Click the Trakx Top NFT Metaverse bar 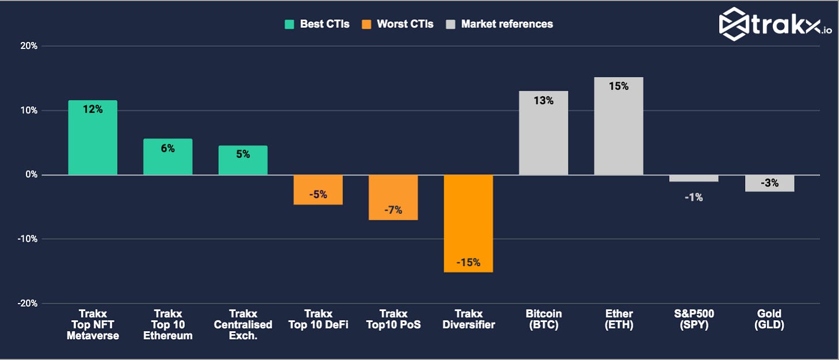click(x=93, y=138)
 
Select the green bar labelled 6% click(x=168, y=157)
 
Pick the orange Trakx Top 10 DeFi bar click(x=318, y=190)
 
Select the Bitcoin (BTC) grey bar click(x=543, y=133)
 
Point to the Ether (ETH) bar click(x=618, y=126)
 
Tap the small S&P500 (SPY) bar click(x=694, y=179)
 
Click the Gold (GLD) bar click(x=769, y=183)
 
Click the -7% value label click(x=393, y=210)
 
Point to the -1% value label click(x=694, y=197)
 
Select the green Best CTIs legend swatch click(x=289, y=24)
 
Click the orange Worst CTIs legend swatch click(x=366, y=24)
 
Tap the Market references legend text click(x=507, y=24)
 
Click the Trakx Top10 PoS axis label click(x=393, y=319)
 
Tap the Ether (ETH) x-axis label click(x=618, y=319)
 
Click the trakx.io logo click(x=775, y=24)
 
